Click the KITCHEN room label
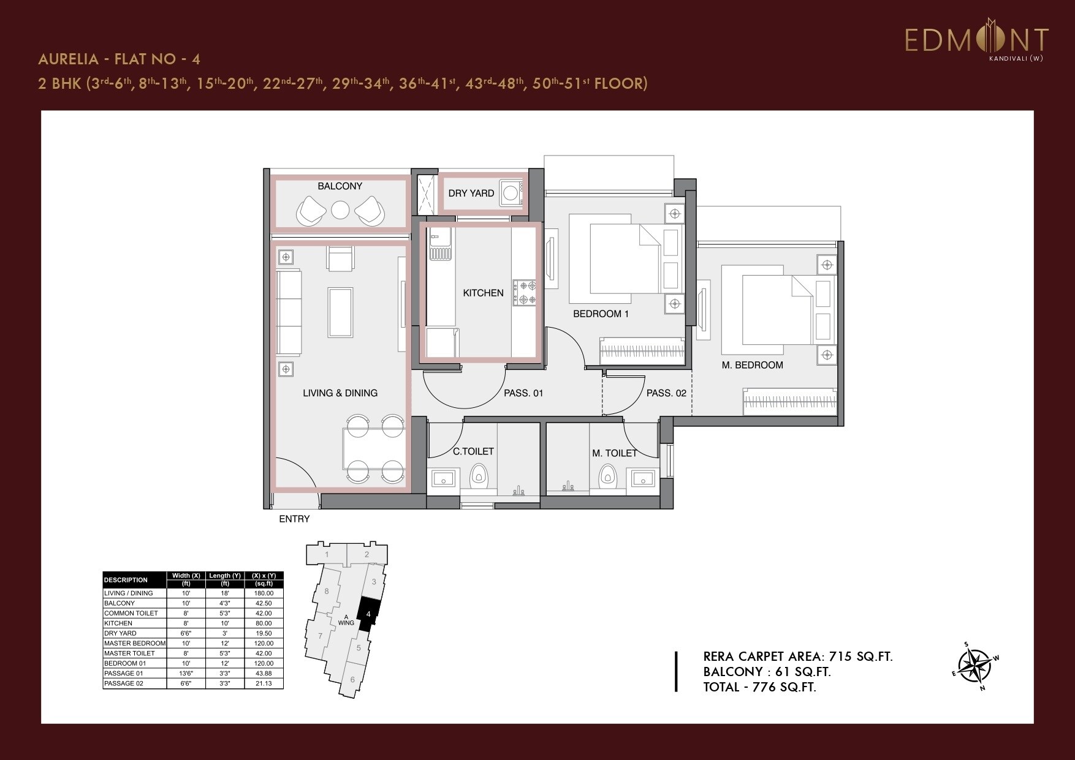(x=483, y=293)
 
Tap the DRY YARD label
(x=471, y=194)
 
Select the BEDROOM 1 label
(x=601, y=314)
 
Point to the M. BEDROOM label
(x=752, y=365)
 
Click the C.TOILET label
(x=473, y=451)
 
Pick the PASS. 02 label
(x=666, y=393)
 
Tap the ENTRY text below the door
(x=294, y=519)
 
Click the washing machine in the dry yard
(x=510, y=194)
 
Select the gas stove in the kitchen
(x=525, y=292)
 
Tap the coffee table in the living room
(x=340, y=312)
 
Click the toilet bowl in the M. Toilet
(x=607, y=475)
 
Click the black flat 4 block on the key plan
(x=368, y=614)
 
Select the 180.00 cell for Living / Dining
(x=264, y=593)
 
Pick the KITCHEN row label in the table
(x=118, y=623)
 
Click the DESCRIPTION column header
(x=126, y=580)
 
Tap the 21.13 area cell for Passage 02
(x=264, y=683)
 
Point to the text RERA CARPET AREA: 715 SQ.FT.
(x=798, y=657)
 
